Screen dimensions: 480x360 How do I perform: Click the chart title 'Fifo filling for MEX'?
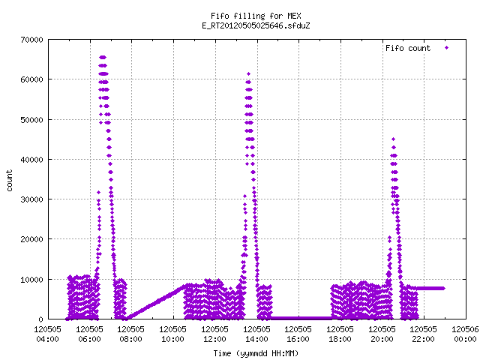click(256, 16)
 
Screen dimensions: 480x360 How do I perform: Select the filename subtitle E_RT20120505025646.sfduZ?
click(256, 25)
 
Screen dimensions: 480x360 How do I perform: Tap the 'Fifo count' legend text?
click(408, 48)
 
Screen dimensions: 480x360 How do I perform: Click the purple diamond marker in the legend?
click(447, 47)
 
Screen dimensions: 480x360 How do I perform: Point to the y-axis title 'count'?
click(9, 181)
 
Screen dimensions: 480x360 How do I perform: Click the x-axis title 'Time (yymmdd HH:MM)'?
click(256, 353)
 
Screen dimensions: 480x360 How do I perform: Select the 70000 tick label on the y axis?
click(31, 40)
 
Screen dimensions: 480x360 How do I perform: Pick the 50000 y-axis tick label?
click(31, 120)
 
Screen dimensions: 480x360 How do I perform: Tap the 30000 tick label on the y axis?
click(31, 199)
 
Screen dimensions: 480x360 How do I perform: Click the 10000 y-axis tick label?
click(31, 280)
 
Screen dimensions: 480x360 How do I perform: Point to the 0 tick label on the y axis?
click(40, 319)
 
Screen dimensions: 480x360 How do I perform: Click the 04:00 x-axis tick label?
click(47, 339)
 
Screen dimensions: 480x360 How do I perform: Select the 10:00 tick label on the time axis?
click(173, 339)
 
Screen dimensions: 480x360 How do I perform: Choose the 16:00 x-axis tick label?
click(298, 339)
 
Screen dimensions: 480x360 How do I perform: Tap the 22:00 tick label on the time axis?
click(423, 339)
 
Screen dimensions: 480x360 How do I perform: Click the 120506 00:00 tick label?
click(465, 334)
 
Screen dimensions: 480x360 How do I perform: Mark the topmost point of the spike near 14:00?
click(248, 73)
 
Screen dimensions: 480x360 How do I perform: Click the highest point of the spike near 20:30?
click(393, 139)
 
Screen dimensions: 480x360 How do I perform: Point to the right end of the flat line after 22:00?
click(443, 288)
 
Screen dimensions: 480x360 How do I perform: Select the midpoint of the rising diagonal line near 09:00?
click(156, 301)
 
